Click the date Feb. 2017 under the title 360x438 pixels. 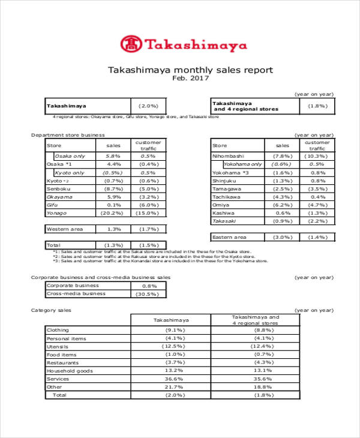[190, 78]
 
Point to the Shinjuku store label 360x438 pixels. [224, 180]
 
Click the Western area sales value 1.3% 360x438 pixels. [113, 229]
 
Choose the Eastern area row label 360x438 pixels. [230, 237]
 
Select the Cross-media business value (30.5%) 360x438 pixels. [148, 294]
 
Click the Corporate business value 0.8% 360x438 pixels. [148, 286]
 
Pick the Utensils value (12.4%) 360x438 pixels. [256, 346]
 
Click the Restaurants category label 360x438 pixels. [62, 362]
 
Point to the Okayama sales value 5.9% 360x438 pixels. [113, 197]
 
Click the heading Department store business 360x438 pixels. [68, 135]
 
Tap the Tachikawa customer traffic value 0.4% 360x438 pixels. [319, 197]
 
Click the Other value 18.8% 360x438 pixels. [256, 387]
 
